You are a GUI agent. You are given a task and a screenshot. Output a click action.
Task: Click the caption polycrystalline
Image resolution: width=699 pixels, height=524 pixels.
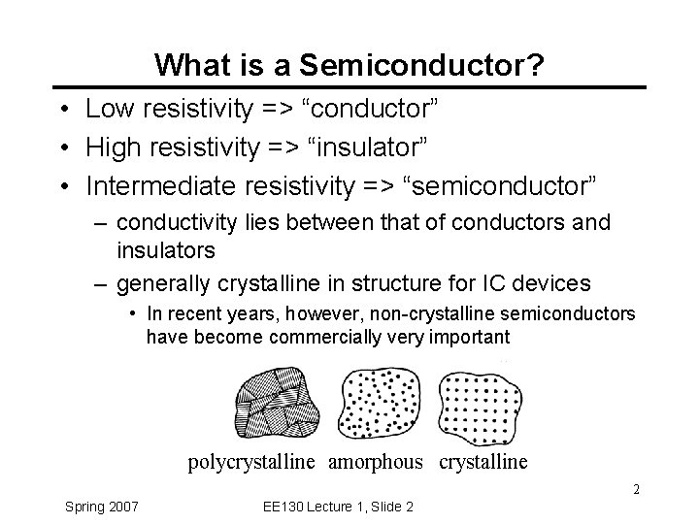pos(251,462)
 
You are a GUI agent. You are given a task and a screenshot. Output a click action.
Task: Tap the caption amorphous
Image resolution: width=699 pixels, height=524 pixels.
pos(376,462)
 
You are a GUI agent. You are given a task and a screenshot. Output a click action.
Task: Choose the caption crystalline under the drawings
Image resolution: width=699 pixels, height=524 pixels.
pos(483,462)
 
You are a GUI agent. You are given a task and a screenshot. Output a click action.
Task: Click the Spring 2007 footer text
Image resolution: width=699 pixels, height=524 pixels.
pos(101,506)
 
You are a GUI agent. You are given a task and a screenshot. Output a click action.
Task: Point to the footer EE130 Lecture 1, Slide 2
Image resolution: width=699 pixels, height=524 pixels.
pos(339,506)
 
